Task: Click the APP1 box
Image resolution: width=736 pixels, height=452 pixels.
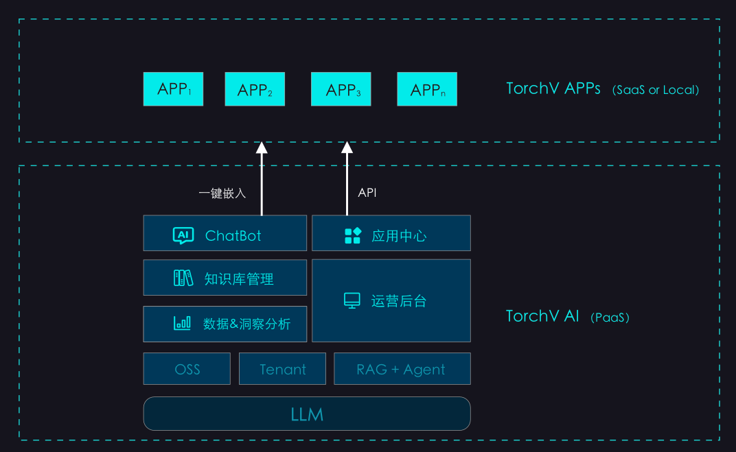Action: click(x=173, y=89)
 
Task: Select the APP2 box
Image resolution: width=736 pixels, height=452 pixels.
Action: click(x=255, y=89)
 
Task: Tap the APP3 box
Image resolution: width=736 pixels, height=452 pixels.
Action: click(x=341, y=89)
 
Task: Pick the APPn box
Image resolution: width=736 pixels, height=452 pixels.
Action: click(x=427, y=89)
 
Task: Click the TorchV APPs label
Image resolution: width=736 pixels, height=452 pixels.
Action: click(x=553, y=88)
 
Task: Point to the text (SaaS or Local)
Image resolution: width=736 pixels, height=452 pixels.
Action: click(x=656, y=90)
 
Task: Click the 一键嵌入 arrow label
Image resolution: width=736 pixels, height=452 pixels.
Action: click(x=222, y=193)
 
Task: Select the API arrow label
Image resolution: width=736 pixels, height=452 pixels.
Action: click(x=367, y=193)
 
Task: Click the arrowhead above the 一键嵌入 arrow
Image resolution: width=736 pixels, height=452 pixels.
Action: click(x=262, y=147)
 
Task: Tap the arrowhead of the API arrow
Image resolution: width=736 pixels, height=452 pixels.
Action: click(x=347, y=147)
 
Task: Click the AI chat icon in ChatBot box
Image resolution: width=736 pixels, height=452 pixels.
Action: click(x=183, y=236)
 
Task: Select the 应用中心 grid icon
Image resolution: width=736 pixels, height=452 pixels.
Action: click(x=352, y=236)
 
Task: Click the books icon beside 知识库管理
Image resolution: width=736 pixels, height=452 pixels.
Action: click(x=183, y=278)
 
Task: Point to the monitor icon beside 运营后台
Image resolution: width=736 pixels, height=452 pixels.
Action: click(x=352, y=300)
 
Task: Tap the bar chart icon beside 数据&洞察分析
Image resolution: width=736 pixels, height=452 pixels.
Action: click(x=182, y=323)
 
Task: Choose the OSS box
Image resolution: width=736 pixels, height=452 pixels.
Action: click(x=187, y=369)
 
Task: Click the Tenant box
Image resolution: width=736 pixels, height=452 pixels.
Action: click(x=282, y=369)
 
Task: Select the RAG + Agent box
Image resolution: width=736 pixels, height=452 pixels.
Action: click(x=402, y=369)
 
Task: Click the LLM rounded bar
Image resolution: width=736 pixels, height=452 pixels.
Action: click(x=306, y=414)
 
